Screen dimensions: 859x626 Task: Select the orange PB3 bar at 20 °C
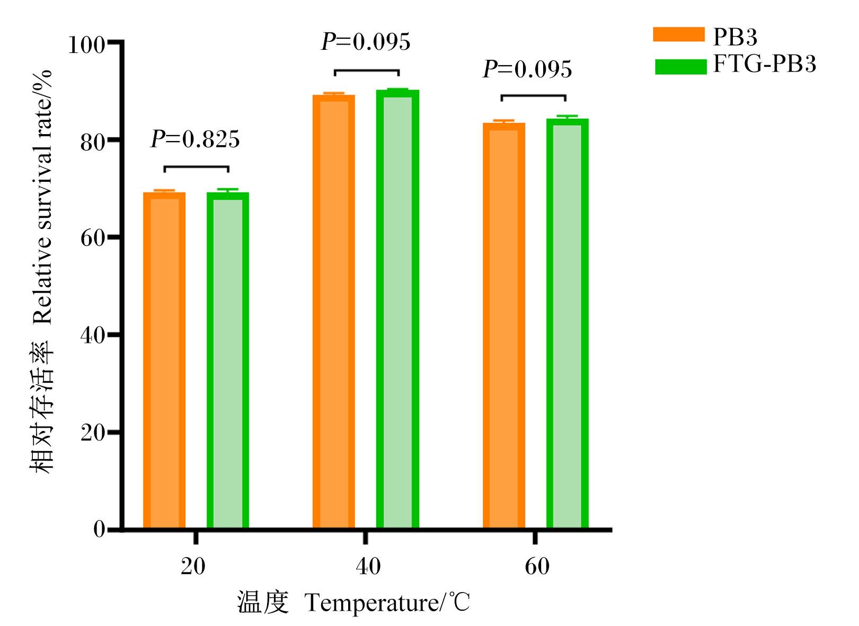(164, 360)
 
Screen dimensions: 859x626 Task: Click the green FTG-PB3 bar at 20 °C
(228, 360)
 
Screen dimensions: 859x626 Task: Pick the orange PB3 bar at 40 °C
(334, 312)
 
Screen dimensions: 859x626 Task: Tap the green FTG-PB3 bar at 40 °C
(397, 309)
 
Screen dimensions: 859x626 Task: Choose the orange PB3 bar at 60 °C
(504, 325)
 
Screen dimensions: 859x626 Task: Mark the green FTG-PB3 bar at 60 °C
(568, 323)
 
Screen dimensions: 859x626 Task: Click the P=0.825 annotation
(195, 139)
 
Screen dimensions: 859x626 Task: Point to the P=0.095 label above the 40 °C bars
(366, 41)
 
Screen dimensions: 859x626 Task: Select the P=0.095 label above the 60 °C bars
(527, 69)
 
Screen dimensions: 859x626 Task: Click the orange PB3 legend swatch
(679, 34)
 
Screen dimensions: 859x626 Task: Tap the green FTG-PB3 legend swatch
(680, 67)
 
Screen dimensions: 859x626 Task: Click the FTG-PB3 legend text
(764, 64)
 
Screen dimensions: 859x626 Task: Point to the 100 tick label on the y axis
(86, 45)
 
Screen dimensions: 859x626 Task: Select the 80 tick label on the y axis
(92, 143)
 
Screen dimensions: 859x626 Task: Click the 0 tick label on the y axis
(99, 530)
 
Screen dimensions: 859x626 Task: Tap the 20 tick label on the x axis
(193, 566)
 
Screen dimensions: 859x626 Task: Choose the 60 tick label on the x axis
(537, 566)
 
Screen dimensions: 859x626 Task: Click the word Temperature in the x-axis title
(371, 603)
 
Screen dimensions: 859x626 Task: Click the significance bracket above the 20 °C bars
(197, 167)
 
